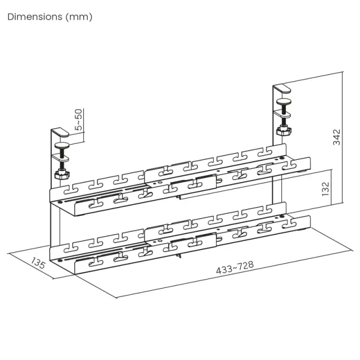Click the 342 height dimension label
(336, 137)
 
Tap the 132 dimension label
(325, 189)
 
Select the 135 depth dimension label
(38, 263)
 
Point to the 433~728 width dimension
(235, 268)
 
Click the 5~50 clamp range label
(79, 120)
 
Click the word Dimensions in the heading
(35, 17)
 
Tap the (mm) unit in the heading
(79, 17)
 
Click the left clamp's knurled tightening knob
(62, 174)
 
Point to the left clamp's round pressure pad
(62, 145)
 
